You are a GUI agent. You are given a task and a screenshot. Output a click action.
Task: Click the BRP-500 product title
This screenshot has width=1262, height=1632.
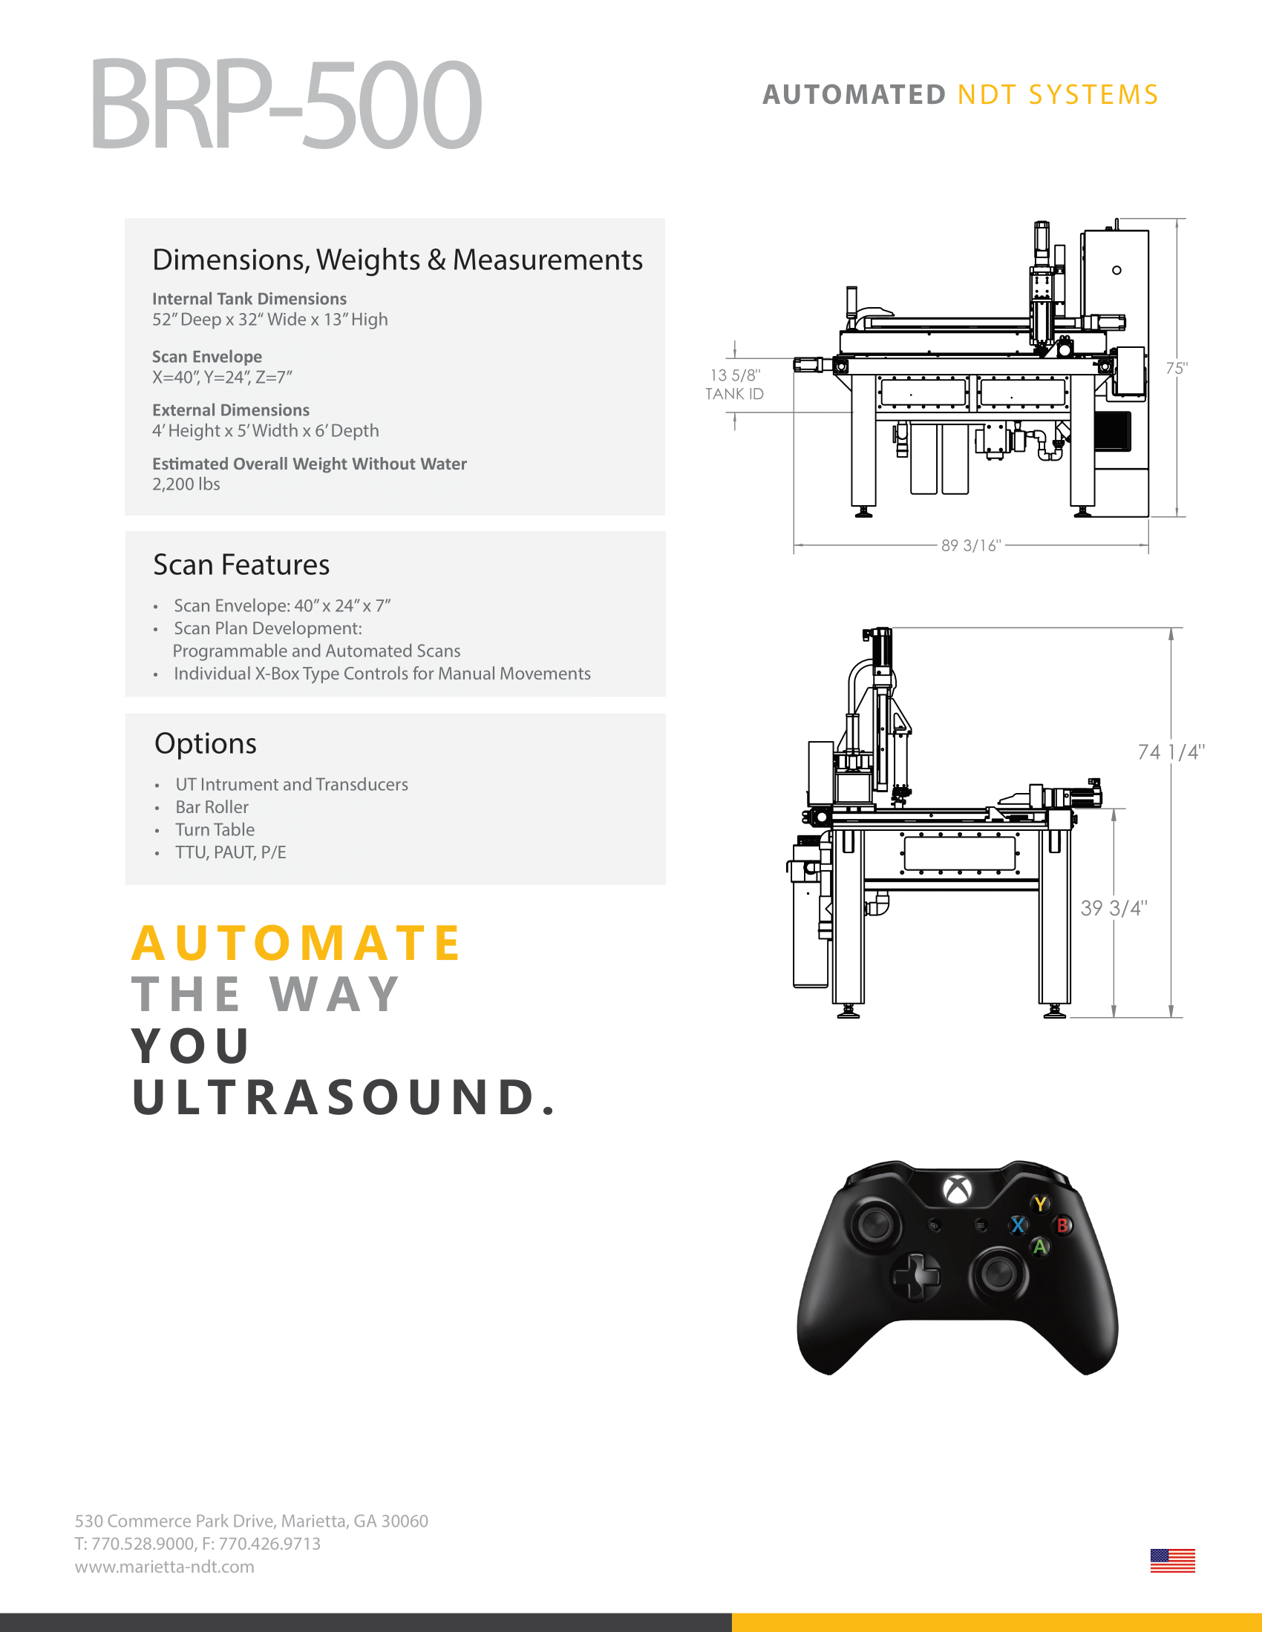click(x=286, y=105)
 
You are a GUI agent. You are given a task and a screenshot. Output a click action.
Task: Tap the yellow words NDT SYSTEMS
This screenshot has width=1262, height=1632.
click(x=1057, y=95)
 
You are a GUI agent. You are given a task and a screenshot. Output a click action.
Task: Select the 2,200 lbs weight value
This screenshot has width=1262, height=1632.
click(x=186, y=484)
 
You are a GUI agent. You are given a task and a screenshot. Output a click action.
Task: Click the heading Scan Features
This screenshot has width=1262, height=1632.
click(x=241, y=565)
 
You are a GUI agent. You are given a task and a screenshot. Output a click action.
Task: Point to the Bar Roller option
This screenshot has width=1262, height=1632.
click(x=212, y=807)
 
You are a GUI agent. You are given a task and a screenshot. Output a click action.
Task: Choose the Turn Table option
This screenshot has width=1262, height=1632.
click(x=215, y=829)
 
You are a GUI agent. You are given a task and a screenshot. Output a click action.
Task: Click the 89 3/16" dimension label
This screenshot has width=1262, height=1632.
click(x=970, y=545)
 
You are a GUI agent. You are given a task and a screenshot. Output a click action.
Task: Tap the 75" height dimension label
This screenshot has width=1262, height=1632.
click(x=1176, y=369)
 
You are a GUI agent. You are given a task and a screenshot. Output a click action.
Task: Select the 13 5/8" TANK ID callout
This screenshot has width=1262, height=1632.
click(x=734, y=384)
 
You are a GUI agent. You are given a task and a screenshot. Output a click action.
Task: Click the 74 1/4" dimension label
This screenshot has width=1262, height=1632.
click(x=1171, y=751)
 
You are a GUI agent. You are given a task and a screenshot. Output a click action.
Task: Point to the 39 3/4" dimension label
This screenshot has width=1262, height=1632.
click(x=1114, y=908)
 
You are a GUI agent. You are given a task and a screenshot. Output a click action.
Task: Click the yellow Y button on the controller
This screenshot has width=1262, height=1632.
click(x=1040, y=1204)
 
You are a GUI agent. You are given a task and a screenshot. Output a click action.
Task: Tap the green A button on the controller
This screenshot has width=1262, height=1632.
click(x=1040, y=1246)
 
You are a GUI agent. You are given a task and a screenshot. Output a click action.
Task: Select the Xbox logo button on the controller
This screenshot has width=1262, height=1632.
click(x=957, y=1189)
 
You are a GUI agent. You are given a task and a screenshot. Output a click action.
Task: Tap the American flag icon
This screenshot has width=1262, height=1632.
click(x=1172, y=1560)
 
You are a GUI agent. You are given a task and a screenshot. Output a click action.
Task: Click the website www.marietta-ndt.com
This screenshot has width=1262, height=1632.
click(x=165, y=1567)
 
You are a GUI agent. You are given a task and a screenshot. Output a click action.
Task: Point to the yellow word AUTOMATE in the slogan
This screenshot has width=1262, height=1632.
click(x=296, y=943)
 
